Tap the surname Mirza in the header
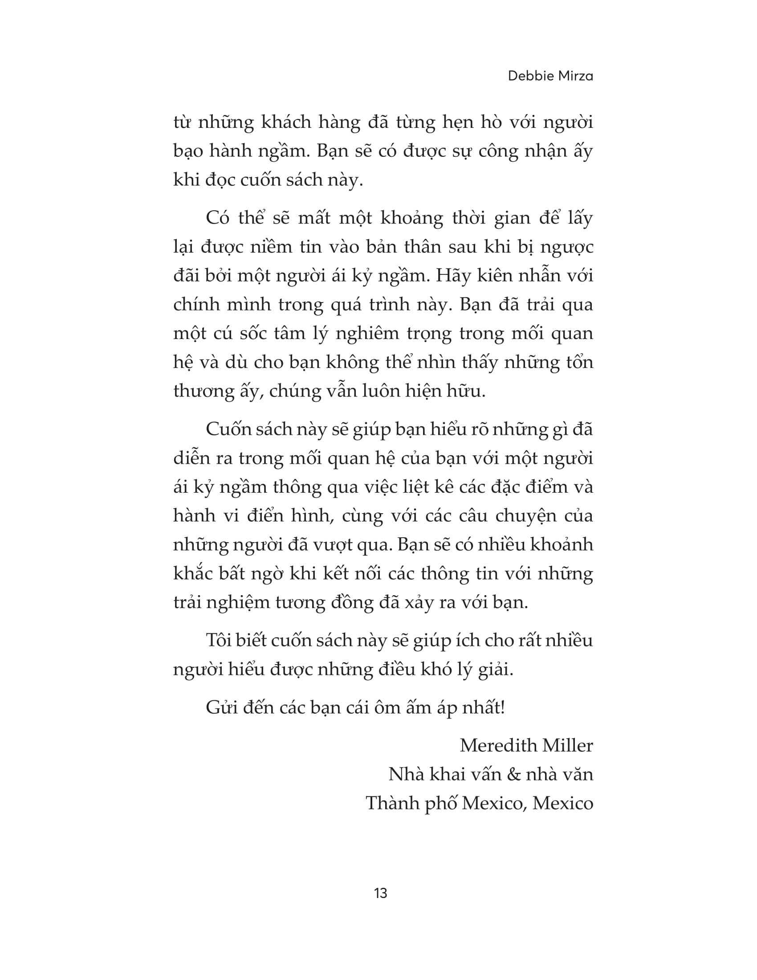point(575,76)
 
